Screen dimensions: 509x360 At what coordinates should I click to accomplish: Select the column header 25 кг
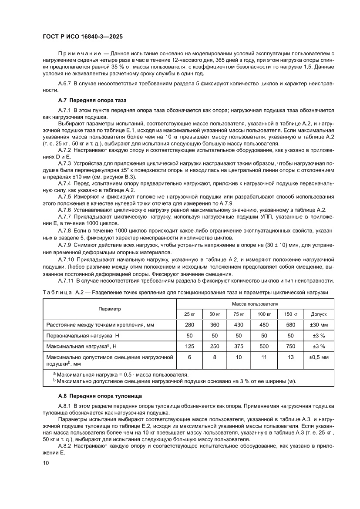click(190, 314)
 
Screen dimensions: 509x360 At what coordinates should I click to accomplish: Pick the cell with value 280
click(190, 325)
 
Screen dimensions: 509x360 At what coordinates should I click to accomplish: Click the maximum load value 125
click(190, 346)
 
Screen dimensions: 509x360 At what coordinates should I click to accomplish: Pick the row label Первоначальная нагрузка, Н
click(80, 336)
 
